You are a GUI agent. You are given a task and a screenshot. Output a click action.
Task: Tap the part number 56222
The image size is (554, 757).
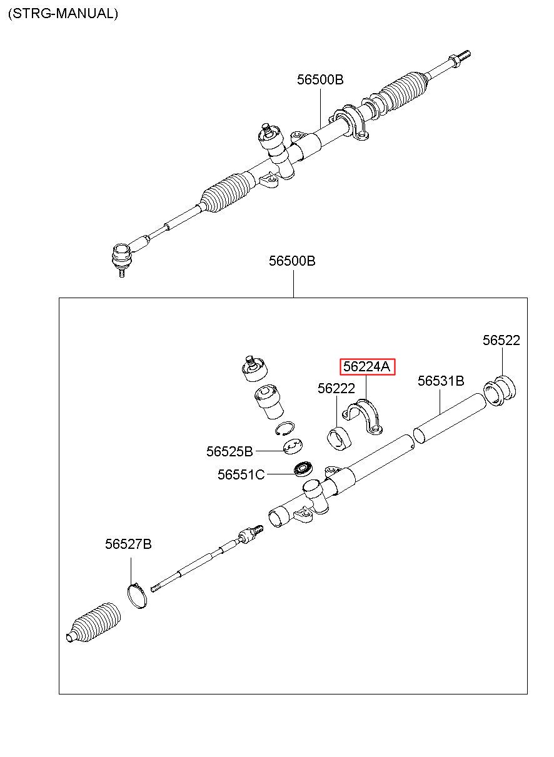(x=336, y=388)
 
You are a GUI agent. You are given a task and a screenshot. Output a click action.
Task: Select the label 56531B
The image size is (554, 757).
(x=441, y=381)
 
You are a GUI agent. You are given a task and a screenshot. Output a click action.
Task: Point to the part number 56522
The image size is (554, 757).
(x=501, y=340)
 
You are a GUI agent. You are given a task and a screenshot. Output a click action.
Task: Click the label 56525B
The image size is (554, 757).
(x=229, y=451)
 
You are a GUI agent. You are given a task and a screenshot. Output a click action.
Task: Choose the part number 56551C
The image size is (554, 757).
(x=241, y=474)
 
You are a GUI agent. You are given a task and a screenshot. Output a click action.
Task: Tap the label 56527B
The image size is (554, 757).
(x=128, y=544)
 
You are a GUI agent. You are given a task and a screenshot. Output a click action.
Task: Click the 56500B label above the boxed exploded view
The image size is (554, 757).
(x=292, y=261)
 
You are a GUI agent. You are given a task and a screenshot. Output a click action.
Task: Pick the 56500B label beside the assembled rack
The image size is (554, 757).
(x=320, y=80)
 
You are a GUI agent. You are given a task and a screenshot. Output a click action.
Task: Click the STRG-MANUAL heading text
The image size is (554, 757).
(x=63, y=13)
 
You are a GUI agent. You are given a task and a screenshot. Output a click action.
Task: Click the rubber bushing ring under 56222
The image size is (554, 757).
(x=340, y=438)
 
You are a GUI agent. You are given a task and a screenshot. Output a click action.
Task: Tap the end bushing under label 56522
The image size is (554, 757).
(x=501, y=390)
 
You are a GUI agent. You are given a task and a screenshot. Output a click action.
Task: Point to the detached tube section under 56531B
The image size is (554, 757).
(x=449, y=419)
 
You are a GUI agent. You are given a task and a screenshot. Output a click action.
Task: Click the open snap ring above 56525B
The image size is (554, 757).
(x=285, y=428)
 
